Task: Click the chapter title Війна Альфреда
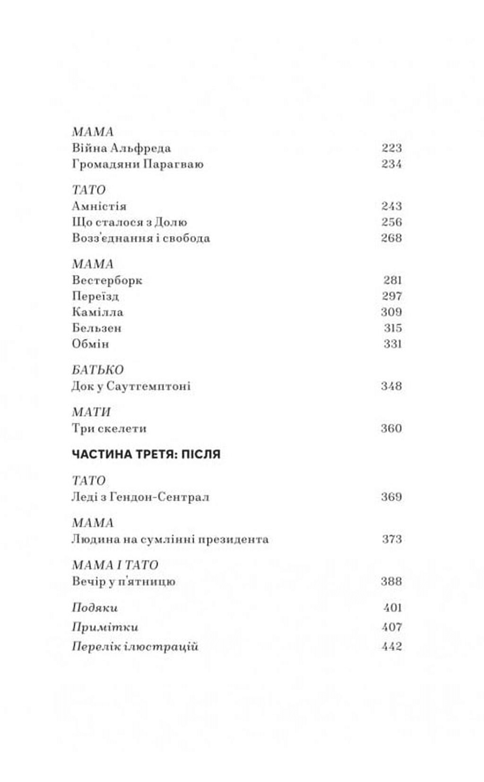click(121, 148)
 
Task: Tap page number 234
click(391, 164)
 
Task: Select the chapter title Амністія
click(99, 206)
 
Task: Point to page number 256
click(391, 222)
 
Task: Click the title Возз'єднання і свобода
click(141, 238)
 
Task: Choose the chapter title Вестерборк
click(107, 280)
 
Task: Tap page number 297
click(391, 296)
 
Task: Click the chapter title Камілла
click(97, 312)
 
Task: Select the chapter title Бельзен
click(97, 328)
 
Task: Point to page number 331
click(392, 344)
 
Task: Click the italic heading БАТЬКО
click(97, 370)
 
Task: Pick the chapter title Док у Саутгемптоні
click(131, 386)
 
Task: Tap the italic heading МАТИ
click(91, 412)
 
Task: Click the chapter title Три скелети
click(109, 429)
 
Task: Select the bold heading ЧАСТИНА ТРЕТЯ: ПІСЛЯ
click(146, 454)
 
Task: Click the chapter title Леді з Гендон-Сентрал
click(140, 497)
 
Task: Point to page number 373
click(391, 539)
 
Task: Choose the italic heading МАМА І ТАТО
click(115, 565)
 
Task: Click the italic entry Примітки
click(105, 627)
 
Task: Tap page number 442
click(391, 646)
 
